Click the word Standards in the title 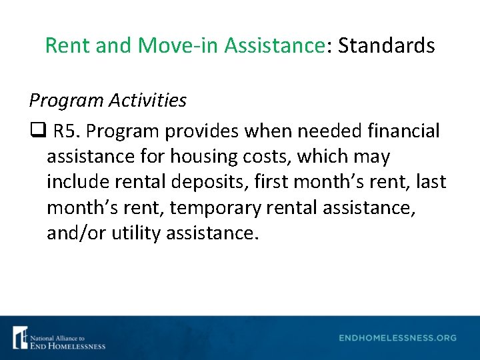pos(387,46)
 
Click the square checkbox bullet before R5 pos(36,131)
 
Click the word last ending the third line pos(432,182)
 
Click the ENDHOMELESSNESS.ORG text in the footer pos(397,338)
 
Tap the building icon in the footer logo pos(20,337)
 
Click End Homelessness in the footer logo pos(67,345)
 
